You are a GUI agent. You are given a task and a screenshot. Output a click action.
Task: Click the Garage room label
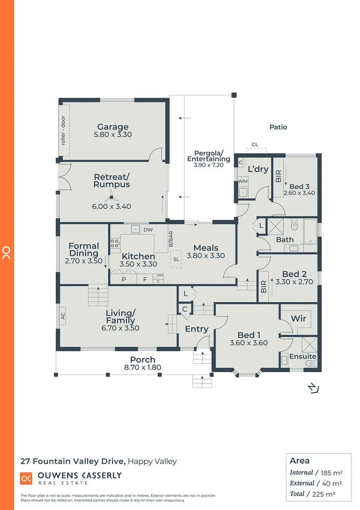coord(113,127)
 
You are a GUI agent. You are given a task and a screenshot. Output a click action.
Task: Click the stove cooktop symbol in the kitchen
coord(115,244)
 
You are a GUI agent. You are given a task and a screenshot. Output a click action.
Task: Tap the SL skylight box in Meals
coord(176,260)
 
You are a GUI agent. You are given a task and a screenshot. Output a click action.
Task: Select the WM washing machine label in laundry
coord(243,181)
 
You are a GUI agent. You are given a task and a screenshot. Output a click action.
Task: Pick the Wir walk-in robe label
coord(298,319)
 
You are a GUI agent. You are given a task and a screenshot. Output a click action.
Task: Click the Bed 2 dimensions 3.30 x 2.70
coord(294,282)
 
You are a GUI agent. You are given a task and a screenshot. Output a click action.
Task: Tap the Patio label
coord(278,127)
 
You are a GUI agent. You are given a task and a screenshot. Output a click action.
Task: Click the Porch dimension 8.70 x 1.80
coord(142,367)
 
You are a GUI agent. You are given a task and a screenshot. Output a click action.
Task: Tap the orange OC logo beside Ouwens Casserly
coord(26,478)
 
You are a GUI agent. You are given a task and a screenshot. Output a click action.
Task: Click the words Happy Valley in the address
coord(152,461)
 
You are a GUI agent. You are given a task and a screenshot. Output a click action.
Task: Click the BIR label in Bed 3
coord(278,176)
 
